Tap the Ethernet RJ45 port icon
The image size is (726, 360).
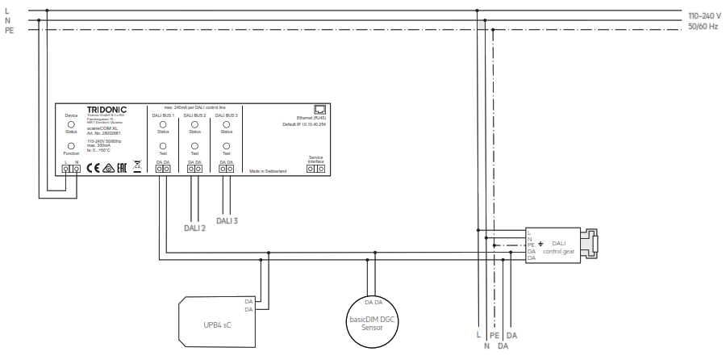pyautogui.click(x=318, y=111)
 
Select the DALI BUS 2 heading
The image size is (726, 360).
pyautogui.click(x=194, y=116)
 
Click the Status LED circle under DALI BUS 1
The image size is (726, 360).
pyautogui.click(x=163, y=125)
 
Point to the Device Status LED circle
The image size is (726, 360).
pyautogui.click(x=71, y=125)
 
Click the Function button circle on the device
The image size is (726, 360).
pyautogui.click(x=71, y=146)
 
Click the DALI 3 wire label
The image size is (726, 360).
pyautogui.click(x=229, y=220)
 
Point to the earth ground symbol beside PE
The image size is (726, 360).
pyautogui.click(x=541, y=244)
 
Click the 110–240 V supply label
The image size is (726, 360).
pyautogui.click(x=704, y=16)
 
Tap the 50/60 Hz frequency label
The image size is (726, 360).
pyautogui.click(x=703, y=27)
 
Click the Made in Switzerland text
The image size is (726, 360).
pyautogui.click(x=268, y=172)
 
